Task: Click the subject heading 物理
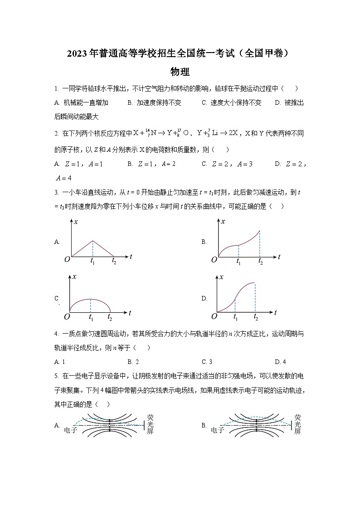180,72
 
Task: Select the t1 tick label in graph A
93,261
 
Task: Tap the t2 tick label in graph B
260,262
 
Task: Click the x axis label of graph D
221,277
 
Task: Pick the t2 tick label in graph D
256,317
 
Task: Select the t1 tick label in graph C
92,317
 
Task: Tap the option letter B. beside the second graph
204,242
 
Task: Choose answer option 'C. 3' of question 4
207,362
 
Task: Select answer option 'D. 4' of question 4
280,362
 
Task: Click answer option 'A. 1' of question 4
60,362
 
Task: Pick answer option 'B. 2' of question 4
133,362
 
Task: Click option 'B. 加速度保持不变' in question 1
154,103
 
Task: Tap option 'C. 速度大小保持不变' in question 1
231,103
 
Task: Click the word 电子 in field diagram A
71,430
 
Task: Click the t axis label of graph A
131,257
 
